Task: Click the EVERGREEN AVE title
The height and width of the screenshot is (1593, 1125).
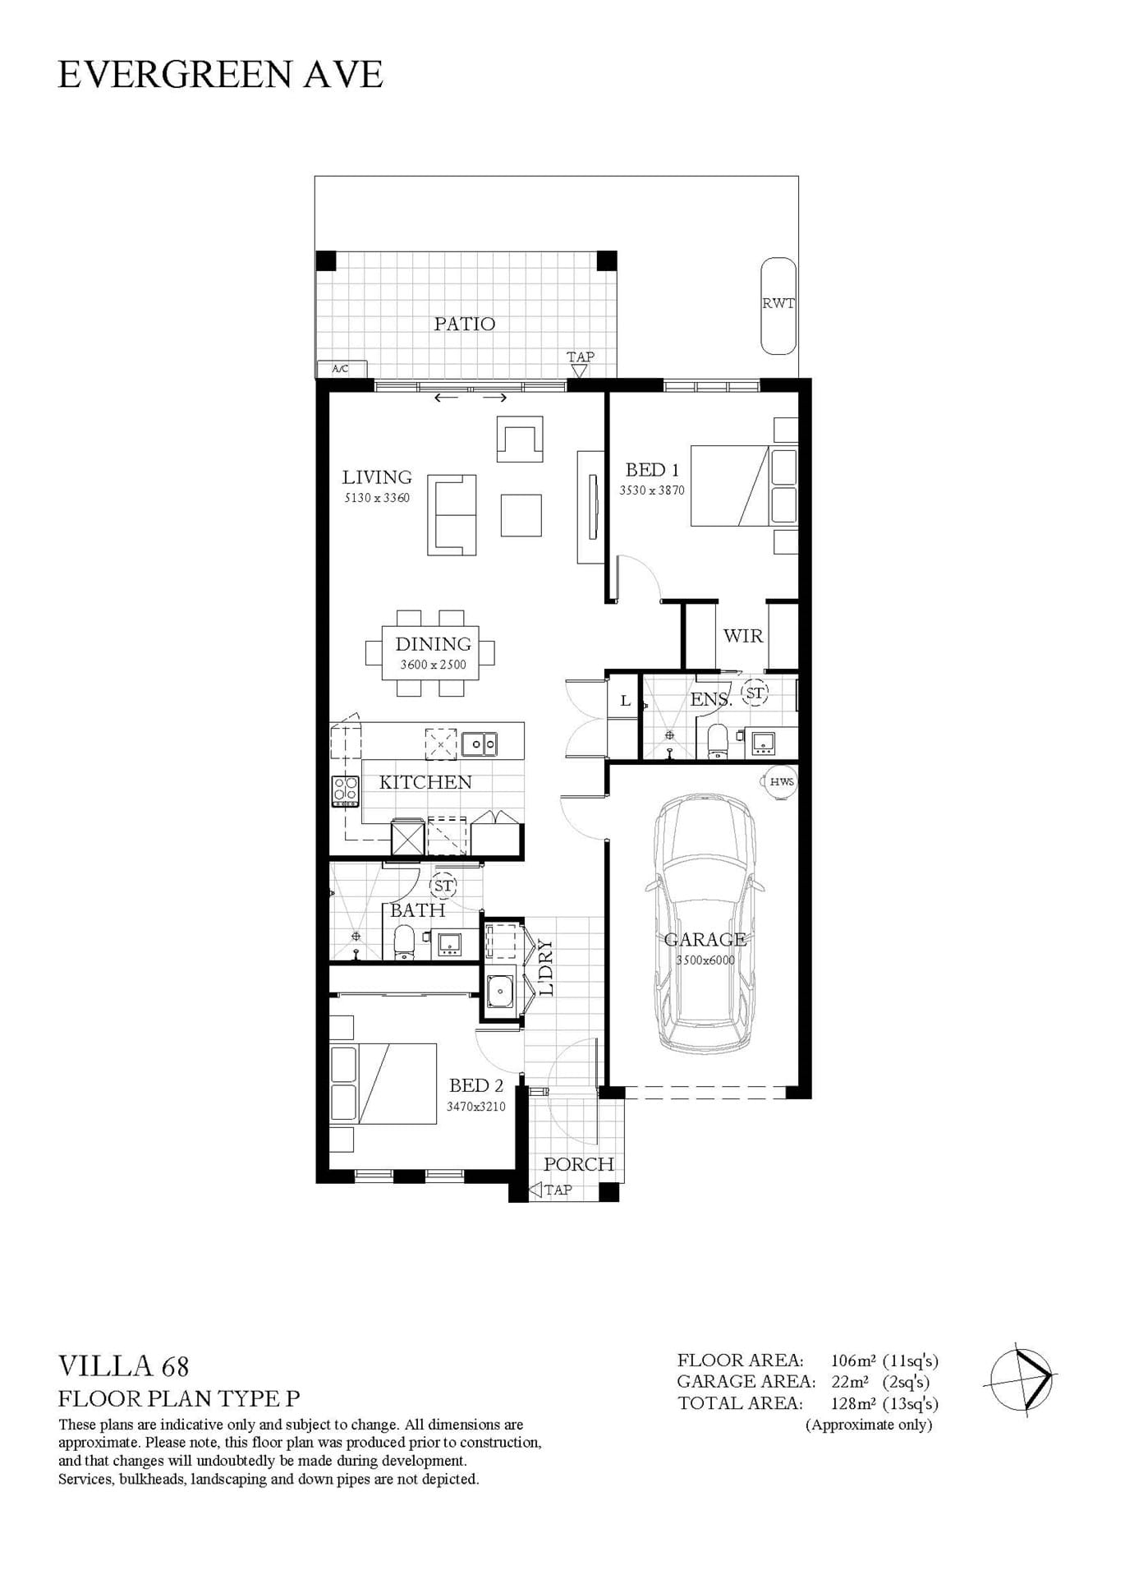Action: coord(220,75)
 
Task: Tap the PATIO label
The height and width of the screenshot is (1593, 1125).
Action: coord(465,324)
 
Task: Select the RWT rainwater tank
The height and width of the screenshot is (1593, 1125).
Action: coord(778,306)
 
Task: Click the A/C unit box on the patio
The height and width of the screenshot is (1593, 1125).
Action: coord(340,369)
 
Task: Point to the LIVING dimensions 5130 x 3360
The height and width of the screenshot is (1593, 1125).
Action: coord(377,498)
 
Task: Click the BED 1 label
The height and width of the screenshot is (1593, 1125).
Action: coord(652,470)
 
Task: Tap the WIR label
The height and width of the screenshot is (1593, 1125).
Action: coord(743,636)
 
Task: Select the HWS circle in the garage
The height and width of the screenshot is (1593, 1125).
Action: coord(782,781)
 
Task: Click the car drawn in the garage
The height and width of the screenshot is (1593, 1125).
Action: coord(705,923)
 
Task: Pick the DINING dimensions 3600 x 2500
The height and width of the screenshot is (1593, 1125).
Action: coord(433,665)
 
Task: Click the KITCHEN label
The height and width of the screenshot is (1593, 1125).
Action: coord(425,782)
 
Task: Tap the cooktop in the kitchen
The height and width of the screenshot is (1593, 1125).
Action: coord(345,791)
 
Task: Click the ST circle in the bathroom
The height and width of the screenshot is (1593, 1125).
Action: coord(443,886)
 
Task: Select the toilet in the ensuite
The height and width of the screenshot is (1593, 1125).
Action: coord(717,742)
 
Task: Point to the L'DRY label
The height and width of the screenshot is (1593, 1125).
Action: coord(546,968)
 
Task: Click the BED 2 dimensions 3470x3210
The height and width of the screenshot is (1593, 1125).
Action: coord(476,1107)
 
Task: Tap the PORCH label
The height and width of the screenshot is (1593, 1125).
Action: coord(579,1164)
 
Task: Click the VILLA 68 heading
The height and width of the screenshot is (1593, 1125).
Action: coord(124,1366)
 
